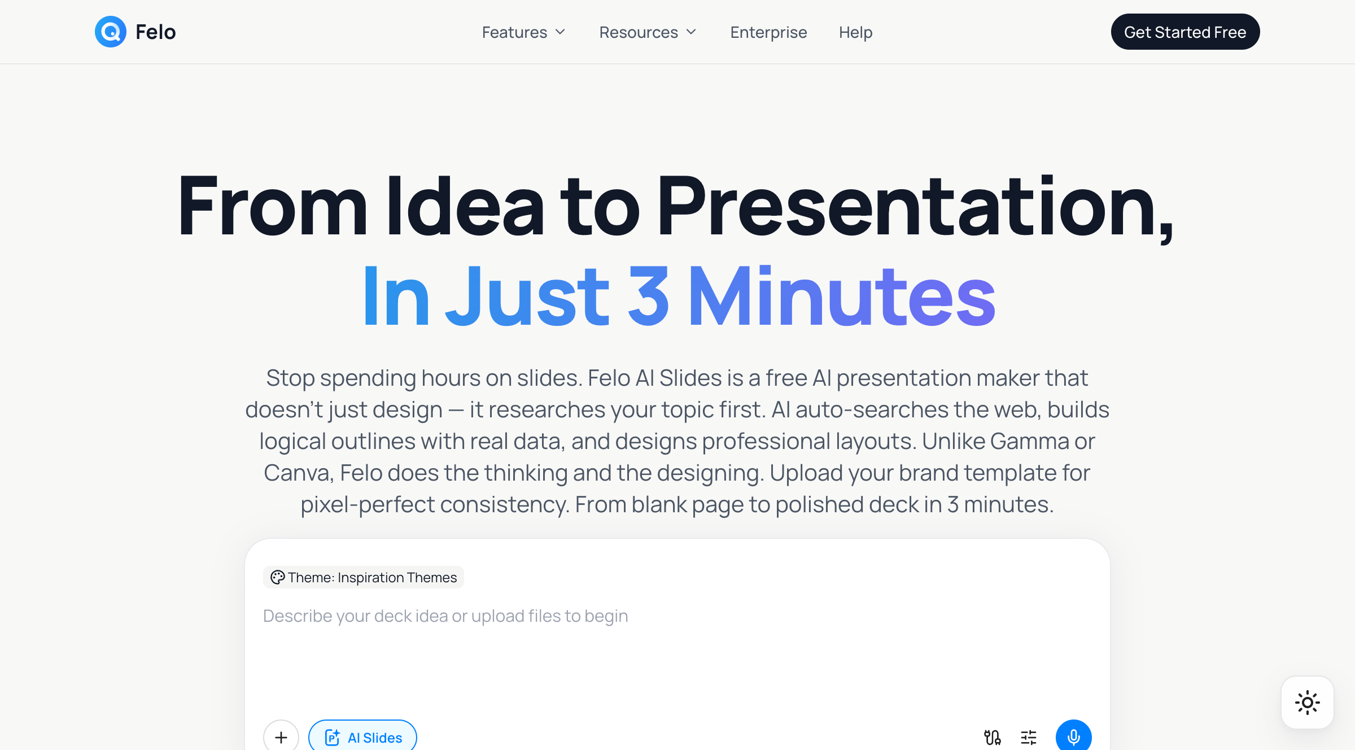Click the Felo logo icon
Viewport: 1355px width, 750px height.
(x=111, y=32)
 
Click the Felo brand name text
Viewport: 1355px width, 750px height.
(x=156, y=32)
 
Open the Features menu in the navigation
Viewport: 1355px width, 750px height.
(x=523, y=32)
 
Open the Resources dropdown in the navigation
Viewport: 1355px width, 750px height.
(x=648, y=32)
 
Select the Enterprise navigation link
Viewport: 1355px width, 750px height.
(x=768, y=32)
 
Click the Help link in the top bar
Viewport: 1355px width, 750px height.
(x=855, y=32)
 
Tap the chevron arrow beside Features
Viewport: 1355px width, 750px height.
(x=560, y=32)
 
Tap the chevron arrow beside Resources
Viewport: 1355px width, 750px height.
(x=691, y=32)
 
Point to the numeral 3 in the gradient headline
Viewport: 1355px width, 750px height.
(x=648, y=295)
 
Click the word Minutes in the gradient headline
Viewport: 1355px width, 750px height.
(x=842, y=295)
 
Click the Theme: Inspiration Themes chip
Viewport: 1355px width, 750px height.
(x=364, y=577)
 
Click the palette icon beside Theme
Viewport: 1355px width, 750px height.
(x=277, y=577)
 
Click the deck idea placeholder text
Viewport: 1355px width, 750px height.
(x=445, y=616)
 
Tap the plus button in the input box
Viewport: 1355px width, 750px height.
(x=281, y=736)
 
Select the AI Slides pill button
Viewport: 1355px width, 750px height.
(x=362, y=736)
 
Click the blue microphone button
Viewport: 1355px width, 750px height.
(x=1073, y=736)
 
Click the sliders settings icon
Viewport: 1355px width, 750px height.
(x=1029, y=737)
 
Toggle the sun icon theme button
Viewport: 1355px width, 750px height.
(x=1308, y=703)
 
